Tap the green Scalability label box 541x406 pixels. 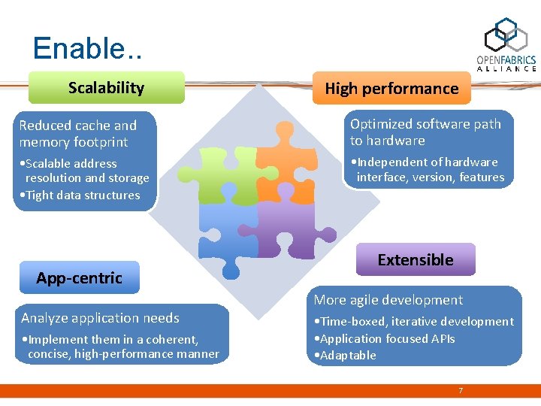tap(106, 88)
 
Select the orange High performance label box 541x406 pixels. tap(391, 89)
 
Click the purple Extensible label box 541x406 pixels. tap(415, 260)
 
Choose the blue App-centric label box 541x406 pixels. tap(79, 278)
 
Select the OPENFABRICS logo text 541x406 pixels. tap(506, 59)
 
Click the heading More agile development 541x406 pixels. tap(388, 300)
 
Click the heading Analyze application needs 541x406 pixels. tap(100, 318)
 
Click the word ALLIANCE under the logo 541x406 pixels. tap(506, 68)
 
